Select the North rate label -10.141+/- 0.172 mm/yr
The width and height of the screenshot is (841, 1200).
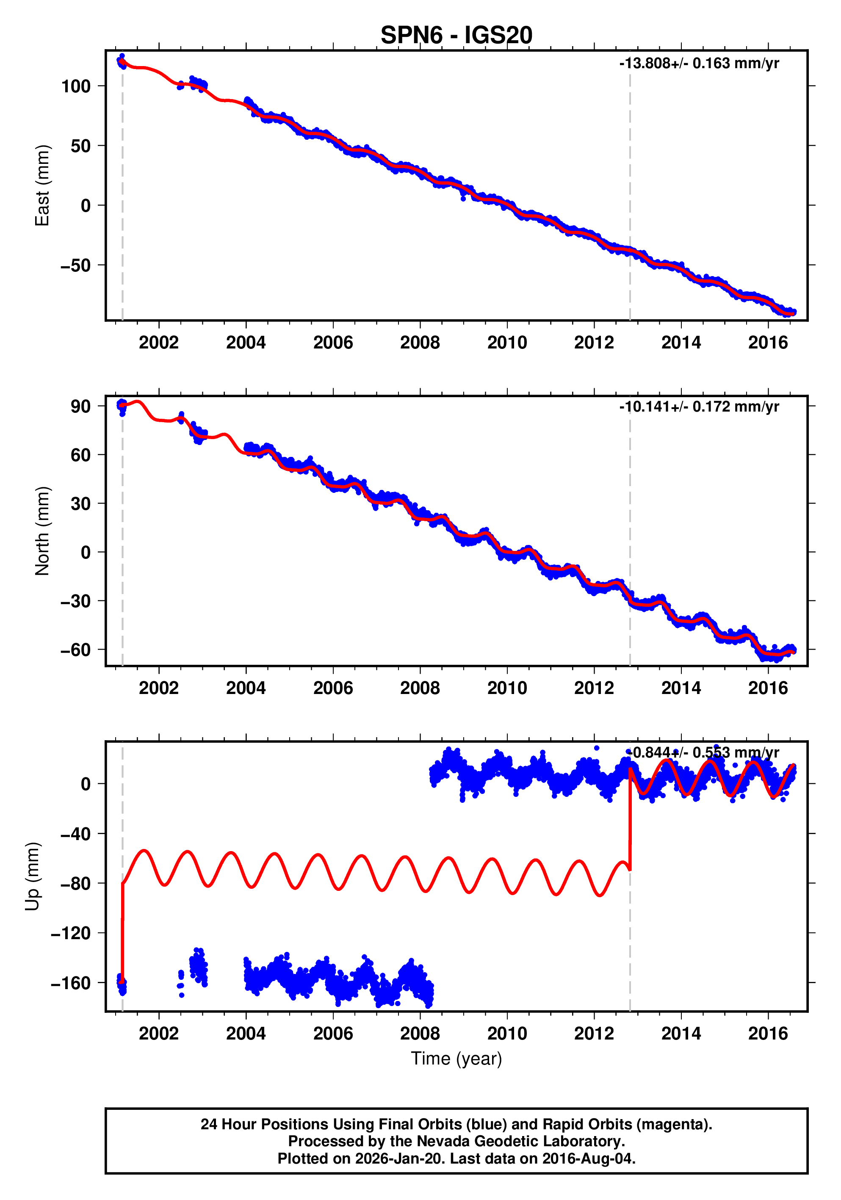click(x=699, y=406)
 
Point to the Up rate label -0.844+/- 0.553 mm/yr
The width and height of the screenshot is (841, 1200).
click(x=703, y=752)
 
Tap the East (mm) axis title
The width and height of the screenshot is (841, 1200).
click(x=42, y=185)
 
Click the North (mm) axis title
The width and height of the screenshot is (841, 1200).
click(x=42, y=531)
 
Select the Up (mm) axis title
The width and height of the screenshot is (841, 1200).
click(x=33, y=876)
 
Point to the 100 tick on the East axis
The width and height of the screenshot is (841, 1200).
click(x=76, y=86)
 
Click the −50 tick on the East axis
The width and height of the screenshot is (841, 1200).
click(x=76, y=265)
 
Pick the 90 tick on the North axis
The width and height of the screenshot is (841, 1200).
click(x=80, y=406)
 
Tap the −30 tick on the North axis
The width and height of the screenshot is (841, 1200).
click(x=76, y=601)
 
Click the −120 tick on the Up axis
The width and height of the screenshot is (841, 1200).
click(x=71, y=933)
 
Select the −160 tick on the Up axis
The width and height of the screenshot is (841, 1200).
click(x=71, y=983)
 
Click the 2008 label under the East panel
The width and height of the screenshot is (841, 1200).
click(x=420, y=343)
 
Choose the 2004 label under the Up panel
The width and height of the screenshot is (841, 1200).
click(x=246, y=1033)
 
